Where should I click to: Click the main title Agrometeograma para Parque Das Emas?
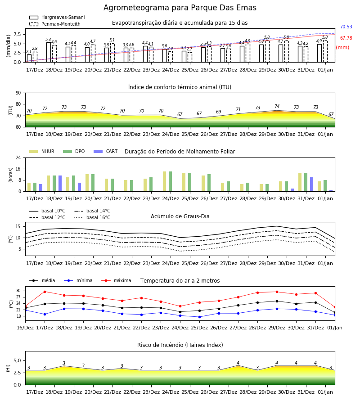coord(180,8)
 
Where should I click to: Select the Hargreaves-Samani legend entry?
coord(57,17)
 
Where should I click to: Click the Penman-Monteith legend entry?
coord(55,24)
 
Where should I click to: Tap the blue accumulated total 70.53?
coord(346,27)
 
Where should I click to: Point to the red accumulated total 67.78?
coord(346,38)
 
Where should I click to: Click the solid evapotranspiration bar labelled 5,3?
coord(49,52)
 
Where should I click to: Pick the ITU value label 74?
coord(277,106)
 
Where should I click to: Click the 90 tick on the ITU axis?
coord(18,93)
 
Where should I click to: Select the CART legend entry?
coord(106,151)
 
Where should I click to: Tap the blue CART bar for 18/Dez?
coord(60,184)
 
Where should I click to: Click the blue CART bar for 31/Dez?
coord(312,184)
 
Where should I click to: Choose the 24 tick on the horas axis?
coord(18,157)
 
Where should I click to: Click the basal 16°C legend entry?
coord(92,217)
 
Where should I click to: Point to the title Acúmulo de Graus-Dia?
coord(180,216)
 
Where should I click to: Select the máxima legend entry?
coord(117,280)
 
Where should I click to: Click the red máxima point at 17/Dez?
coord(45,292)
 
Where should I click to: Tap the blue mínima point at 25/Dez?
coord(199,317)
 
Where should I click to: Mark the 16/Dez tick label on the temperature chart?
coord(25,328)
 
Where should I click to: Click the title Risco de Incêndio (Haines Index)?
coord(180,345)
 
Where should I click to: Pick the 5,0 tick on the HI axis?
coord(17,360)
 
